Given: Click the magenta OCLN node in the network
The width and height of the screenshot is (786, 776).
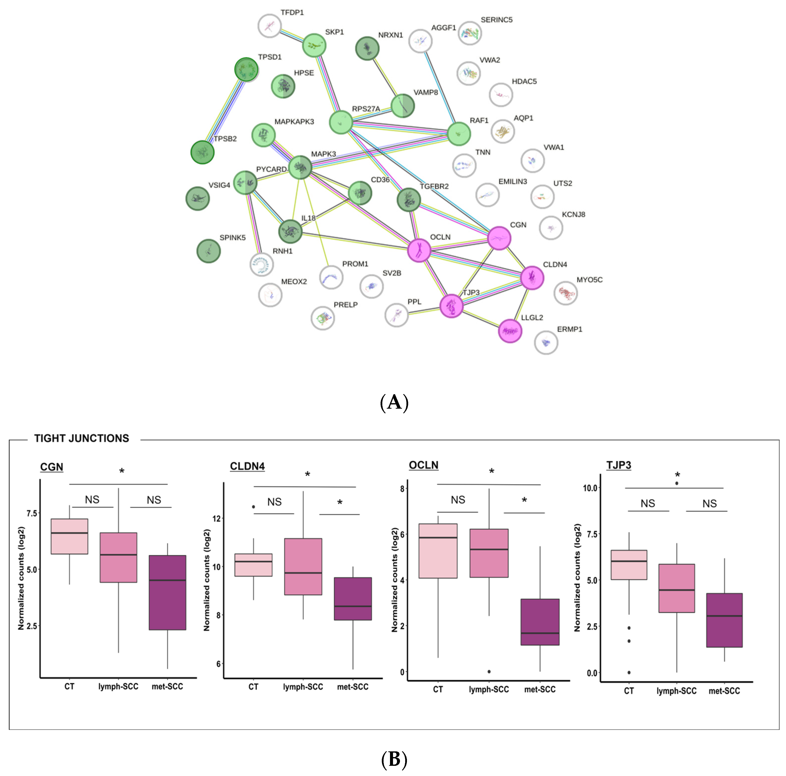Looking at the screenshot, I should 419,250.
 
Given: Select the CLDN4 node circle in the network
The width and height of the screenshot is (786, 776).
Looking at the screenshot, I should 532,278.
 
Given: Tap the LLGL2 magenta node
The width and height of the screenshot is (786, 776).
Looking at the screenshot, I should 510,331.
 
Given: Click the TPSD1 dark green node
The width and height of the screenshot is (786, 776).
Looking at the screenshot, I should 246,70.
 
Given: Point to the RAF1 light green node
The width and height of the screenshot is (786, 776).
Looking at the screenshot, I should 459,133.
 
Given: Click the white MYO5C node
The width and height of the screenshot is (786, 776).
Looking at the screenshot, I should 565,292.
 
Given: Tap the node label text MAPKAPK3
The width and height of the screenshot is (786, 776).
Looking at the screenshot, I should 294,122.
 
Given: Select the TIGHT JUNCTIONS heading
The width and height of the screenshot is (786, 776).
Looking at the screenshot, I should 81,438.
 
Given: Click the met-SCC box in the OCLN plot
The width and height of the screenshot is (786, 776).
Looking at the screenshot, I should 540,622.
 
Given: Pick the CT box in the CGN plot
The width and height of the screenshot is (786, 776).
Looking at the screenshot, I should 69,536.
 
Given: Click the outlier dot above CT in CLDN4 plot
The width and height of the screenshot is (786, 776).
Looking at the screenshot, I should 253,507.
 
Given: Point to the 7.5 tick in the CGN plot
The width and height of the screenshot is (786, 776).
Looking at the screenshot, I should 32,513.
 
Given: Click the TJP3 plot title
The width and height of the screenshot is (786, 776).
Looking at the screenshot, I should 618,465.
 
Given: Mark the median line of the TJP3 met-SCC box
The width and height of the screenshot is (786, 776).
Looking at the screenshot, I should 724,616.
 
